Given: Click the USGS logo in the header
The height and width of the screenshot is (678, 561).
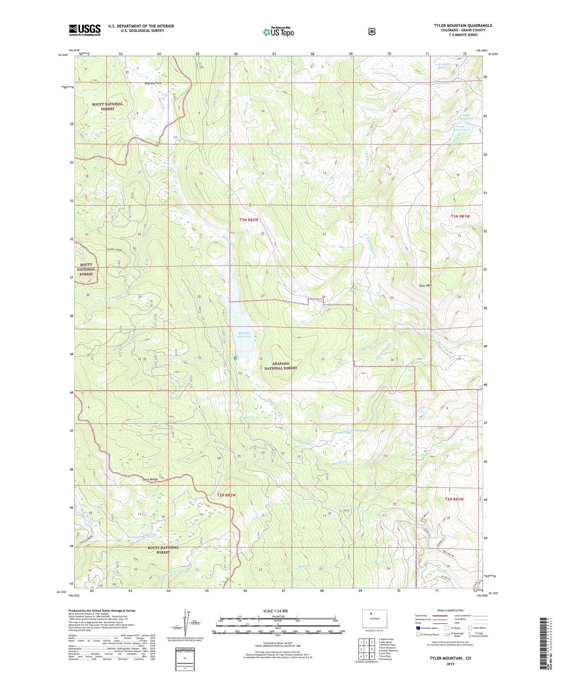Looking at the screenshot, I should (85, 30).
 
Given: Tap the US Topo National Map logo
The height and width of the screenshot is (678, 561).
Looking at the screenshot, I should (278, 32).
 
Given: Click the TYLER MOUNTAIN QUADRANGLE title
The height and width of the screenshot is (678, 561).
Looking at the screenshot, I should (463, 26).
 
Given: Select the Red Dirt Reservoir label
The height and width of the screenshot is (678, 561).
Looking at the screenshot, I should (244, 335).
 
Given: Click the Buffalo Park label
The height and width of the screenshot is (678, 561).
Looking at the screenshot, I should (153, 83).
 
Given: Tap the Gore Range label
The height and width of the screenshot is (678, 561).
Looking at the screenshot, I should (150, 480).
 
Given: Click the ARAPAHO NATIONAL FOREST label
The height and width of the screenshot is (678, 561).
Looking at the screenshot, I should (280, 366).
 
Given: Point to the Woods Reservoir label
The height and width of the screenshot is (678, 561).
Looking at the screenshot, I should (460, 129).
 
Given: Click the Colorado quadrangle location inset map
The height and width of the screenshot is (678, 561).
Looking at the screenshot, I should (374, 619).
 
